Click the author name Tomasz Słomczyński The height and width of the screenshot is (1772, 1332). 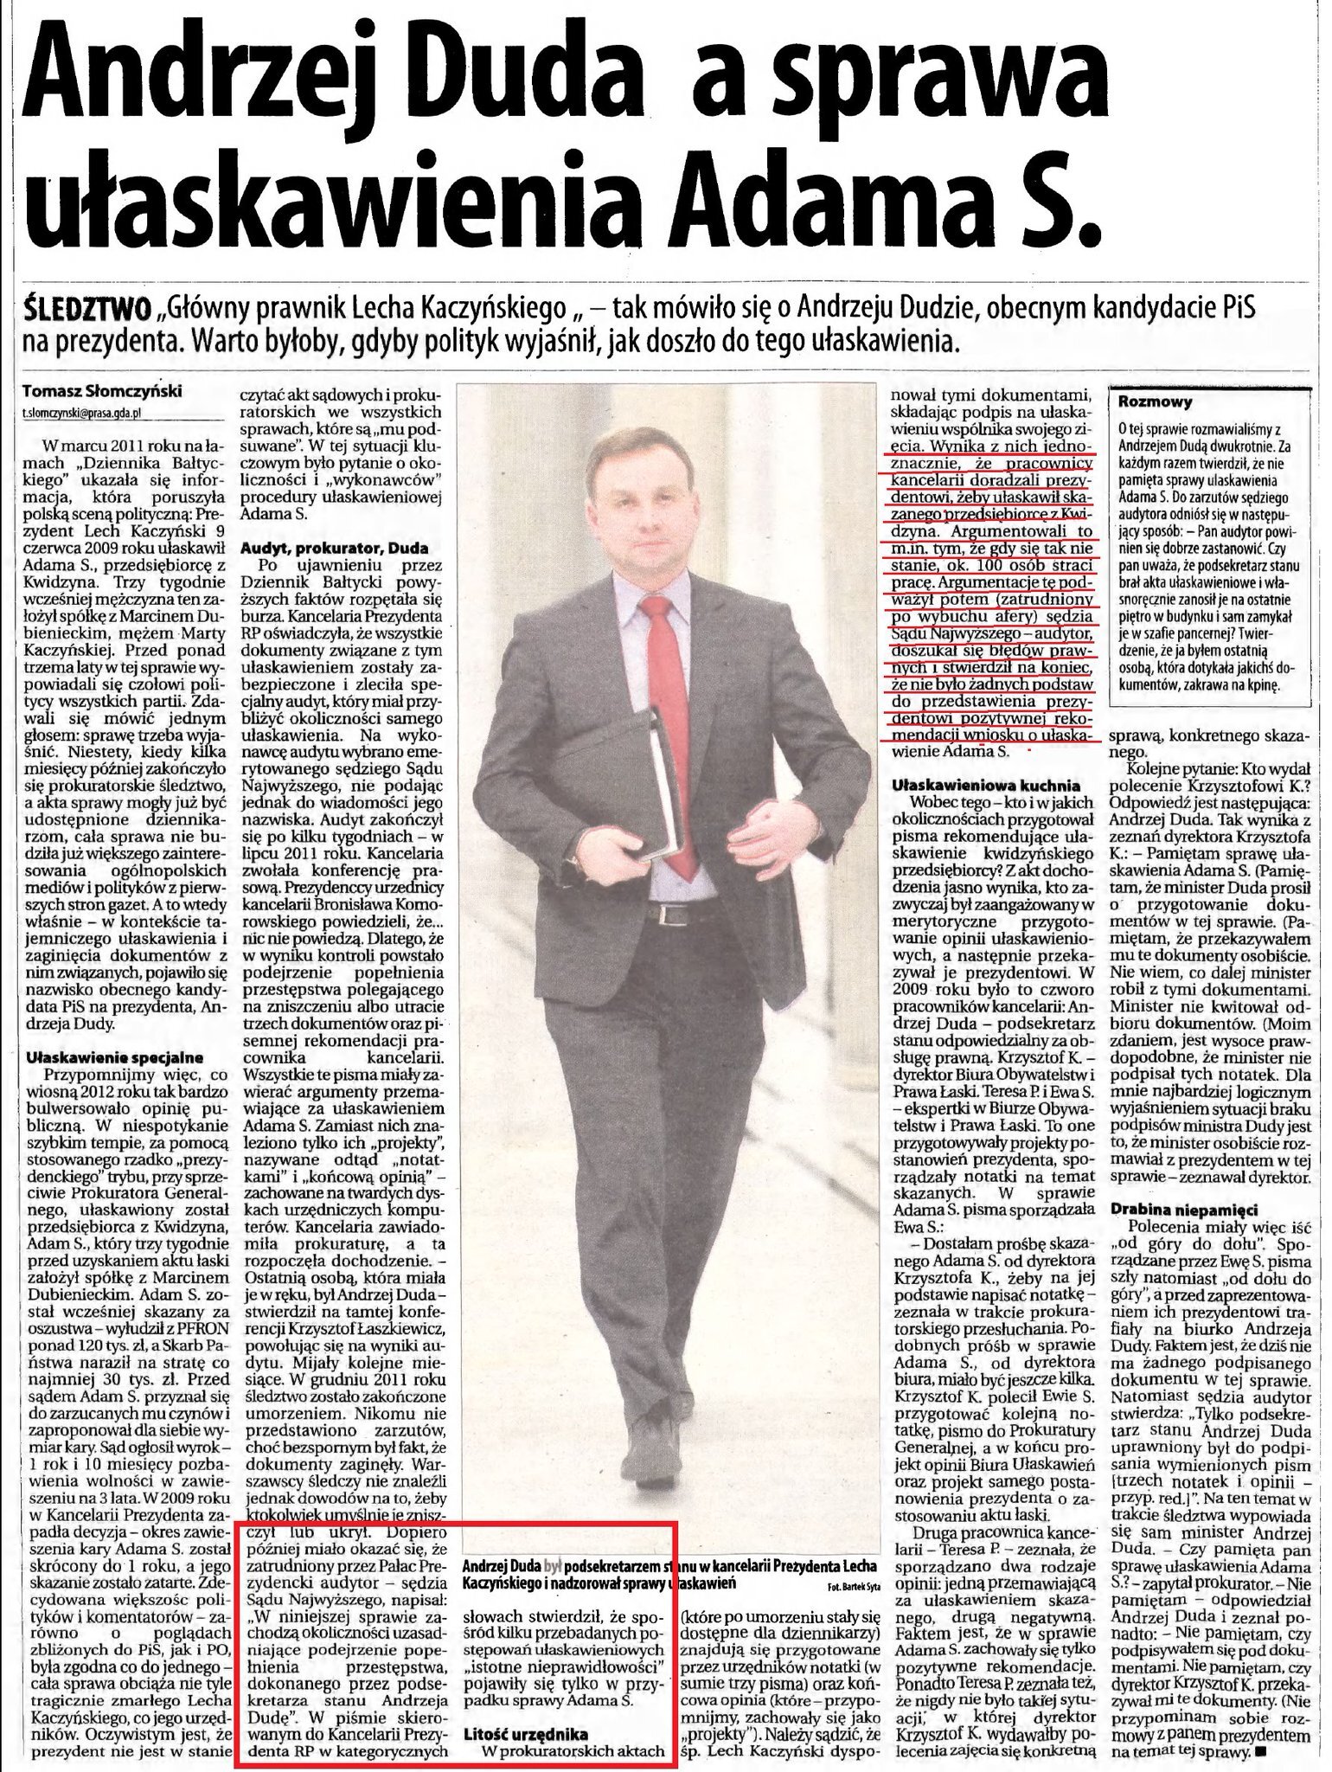pos(103,391)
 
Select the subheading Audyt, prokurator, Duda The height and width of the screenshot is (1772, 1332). pos(334,549)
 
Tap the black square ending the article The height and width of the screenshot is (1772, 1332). pos(1305,1751)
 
